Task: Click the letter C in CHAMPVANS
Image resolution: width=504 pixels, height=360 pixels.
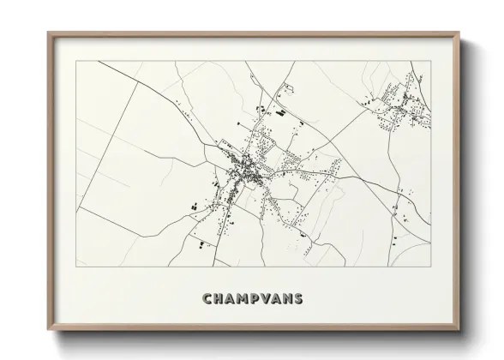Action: (207, 299)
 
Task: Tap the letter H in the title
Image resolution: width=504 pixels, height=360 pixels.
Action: (219, 299)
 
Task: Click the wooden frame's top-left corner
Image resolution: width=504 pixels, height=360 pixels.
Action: (48, 33)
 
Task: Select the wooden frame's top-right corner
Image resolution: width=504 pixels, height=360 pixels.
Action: (459, 33)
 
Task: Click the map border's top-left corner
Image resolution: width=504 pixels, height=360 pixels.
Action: (76, 61)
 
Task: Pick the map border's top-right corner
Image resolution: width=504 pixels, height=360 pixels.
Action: (430, 61)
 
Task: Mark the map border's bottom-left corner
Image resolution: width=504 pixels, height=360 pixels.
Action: (76, 267)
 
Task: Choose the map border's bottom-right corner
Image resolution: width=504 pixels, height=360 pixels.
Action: (430, 267)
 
